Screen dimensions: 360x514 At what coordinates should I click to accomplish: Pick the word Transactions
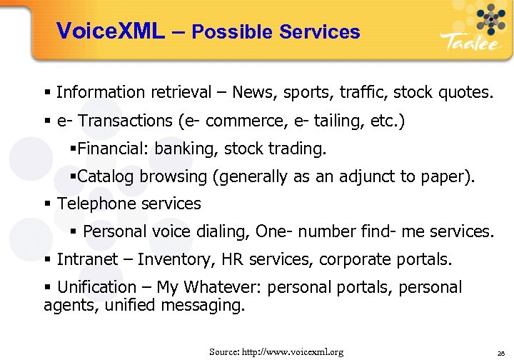126,121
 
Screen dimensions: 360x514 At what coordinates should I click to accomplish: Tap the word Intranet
88,259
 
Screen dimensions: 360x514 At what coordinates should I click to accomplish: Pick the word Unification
96,287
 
